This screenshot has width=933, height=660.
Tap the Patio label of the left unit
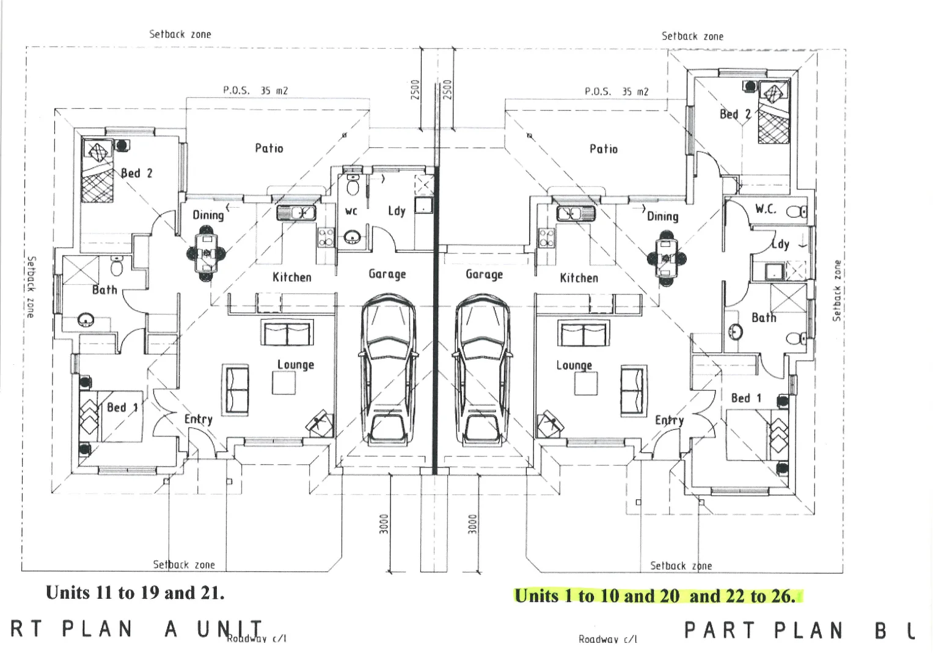coord(269,148)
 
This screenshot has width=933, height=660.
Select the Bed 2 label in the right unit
coord(735,114)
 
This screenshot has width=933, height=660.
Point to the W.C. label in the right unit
coord(766,209)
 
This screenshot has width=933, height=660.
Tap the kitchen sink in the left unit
coord(296,213)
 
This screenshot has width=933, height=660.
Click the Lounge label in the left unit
coord(296,365)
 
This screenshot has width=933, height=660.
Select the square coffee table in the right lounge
coord(586,384)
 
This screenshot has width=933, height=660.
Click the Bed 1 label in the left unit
coord(122,407)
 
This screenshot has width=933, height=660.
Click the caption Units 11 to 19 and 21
coord(135,592)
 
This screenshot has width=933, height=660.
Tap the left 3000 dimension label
coord(384,524)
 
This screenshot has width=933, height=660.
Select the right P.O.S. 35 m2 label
coord(616,92)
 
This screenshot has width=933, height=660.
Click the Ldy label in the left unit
coord(397,211)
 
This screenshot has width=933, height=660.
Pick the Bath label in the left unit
coord(104,290)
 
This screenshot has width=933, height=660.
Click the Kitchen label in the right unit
coord(579,278)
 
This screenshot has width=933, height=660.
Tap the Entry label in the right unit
coord(669,420)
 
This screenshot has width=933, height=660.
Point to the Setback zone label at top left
coord(180,34)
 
